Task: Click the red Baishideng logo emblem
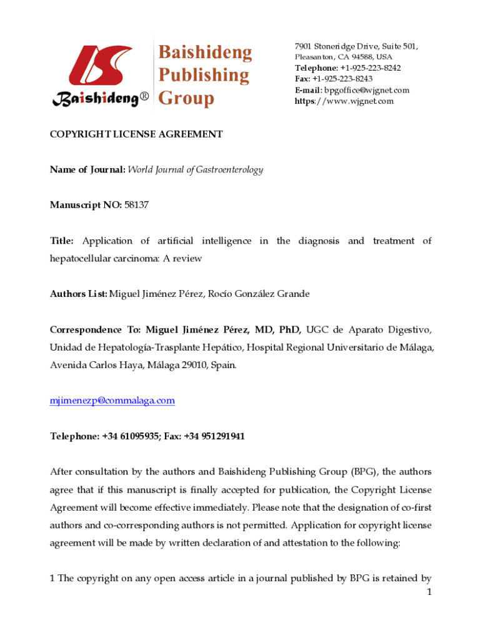[x=99, y=66]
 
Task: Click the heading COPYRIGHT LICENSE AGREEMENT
[x=136, y=134]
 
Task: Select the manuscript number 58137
[x=136, y=204]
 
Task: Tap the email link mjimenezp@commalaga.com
[x=112, y=401]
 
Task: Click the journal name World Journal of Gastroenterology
[x=196, y=169]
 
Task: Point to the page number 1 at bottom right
[x=429, y=592]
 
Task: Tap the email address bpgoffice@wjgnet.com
[x=367, y=90]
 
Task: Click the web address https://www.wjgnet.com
[x=344, y=101]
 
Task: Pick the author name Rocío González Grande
[x=259, y=294]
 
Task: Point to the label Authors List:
[x=79, y=294]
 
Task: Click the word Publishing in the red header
[x=203, y=76]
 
